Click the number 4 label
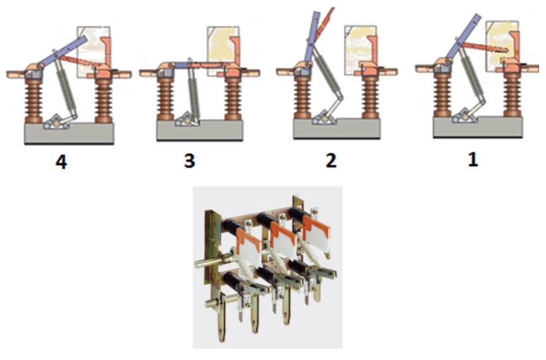pos(61,162)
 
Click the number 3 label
pos(190,161)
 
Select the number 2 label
pos(331,160)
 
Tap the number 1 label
pos(473,159)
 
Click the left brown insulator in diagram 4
pos(33,101)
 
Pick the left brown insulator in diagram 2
pos(302,97)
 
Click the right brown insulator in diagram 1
pos(513,96)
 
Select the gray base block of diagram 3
pos(200,131)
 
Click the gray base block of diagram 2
pos(337,129)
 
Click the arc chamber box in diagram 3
pos(223,51)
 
